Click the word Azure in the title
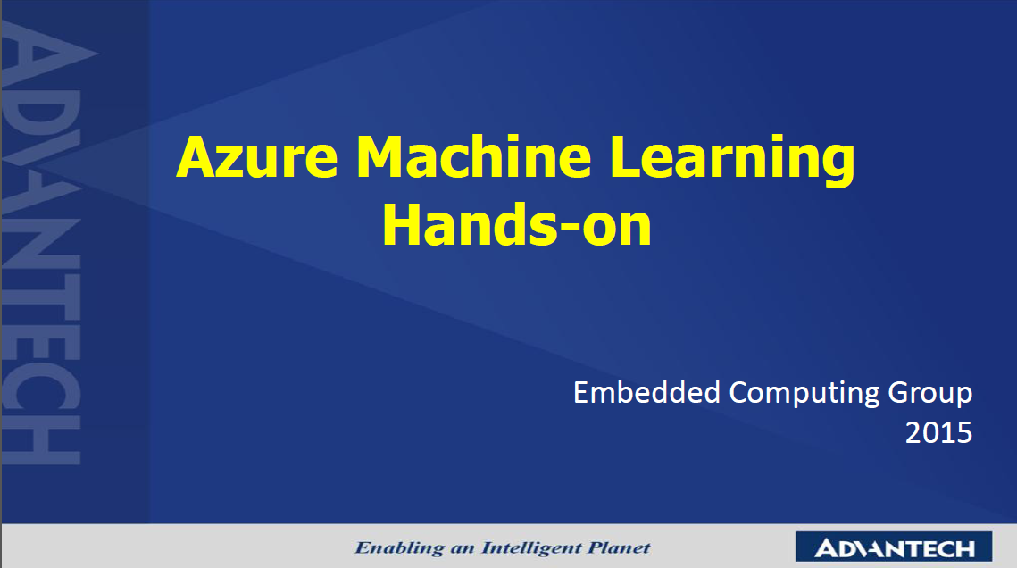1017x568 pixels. pyautogui.click(x=257, y=157)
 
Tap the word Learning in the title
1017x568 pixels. pyautogui.click(x=732, y=161)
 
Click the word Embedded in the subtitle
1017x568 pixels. pyautogui.click(x=646, y=392)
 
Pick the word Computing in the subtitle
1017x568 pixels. pyautogui.click(x=804, y=394)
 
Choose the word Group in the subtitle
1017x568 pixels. pyautogui.click(x=930, y=394)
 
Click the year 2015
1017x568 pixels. pyautogui.click(x=938, y=432)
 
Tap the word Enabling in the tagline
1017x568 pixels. pyautogui.click(x=399, y=548)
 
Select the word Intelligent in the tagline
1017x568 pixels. pyautogui.click(x=530, y=548)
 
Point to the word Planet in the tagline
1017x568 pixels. pyautogui.click(x=619, y=547)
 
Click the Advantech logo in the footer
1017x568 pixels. pyautogui.click(x=893, y=547)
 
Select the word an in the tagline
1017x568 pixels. pyautogui.click(x=463, y=550)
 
